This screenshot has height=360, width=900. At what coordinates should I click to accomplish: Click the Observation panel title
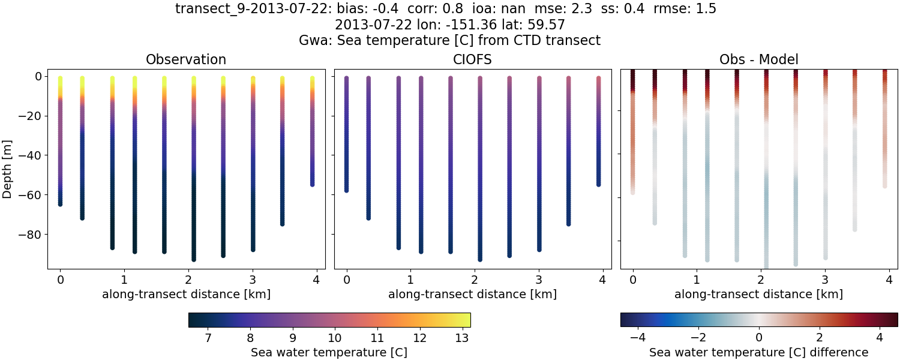point(186,59)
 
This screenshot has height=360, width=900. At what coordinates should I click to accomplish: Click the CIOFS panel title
point(473,59)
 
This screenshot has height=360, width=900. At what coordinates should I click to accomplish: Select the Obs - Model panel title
point(758,59)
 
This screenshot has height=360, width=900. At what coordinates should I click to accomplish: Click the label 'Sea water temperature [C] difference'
point(758,352)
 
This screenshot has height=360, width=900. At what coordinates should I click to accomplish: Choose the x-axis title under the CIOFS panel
point(472,295)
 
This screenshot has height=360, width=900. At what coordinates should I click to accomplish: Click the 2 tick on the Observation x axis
point(187,280)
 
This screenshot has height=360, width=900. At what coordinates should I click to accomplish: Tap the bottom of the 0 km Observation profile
point(60,204)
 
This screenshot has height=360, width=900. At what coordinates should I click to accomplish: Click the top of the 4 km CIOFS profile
point(598,78)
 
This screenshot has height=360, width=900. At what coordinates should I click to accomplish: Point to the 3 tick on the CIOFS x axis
point(538,280)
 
